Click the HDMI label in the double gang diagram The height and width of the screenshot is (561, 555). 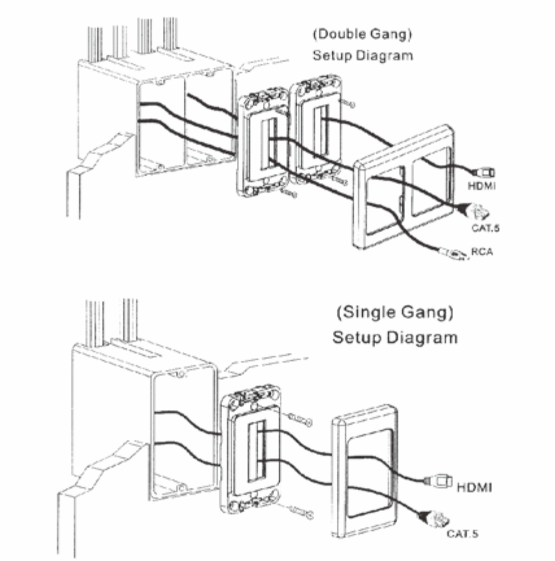482,185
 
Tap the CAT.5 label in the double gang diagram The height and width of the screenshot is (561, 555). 485,228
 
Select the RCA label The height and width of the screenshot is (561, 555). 482,252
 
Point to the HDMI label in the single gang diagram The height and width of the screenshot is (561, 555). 475,487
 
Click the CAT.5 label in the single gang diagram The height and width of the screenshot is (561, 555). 462,534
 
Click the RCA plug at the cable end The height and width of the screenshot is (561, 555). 453,254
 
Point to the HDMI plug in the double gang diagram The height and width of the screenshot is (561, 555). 484,173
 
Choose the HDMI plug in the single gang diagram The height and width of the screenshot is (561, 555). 438,481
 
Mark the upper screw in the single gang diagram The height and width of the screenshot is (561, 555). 300,420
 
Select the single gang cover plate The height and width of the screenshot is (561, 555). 365,470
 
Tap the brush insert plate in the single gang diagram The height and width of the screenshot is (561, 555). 251,449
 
